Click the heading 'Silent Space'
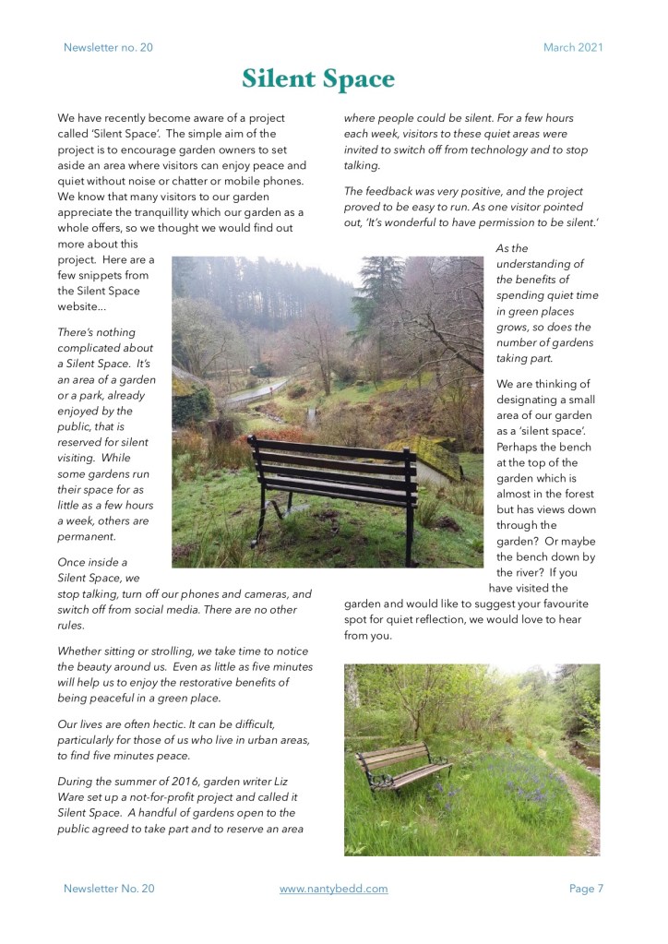pyautogui.click(x=318, y=79)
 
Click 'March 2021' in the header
pyautogui.click(x=572, y=47)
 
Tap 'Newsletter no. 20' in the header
pyautogui.click(x=108, y=47)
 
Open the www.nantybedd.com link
pyautogui.click(x=333, y=889)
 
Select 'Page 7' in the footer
pyautogui.click(x=586, y=889)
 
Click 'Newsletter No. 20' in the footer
pyautogui.click(x=109, y=889)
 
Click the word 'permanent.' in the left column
pyautogui.click(x=87, y=536)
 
